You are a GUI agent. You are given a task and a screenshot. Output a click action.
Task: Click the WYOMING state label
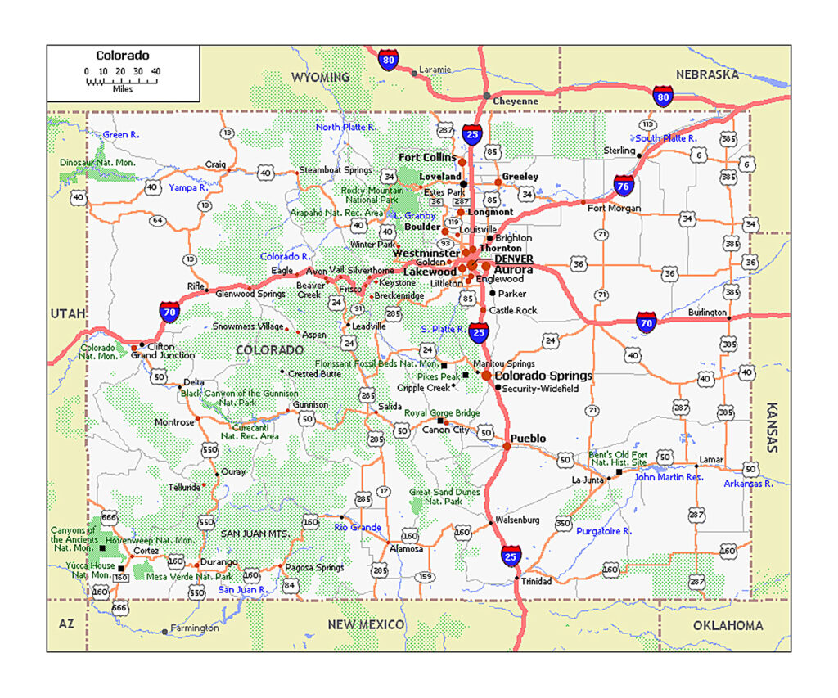320,77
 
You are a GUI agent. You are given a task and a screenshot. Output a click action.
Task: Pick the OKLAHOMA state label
727,625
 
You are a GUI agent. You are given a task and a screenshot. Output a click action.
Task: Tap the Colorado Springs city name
543,376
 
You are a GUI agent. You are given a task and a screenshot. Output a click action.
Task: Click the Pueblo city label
529,439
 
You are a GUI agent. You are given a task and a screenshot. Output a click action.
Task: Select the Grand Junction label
163,355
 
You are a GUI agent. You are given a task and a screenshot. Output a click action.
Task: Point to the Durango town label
219,562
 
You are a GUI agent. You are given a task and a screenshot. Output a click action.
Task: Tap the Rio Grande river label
358,527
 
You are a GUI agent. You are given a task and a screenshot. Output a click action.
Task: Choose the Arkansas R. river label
748,484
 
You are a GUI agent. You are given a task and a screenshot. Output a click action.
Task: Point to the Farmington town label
195,628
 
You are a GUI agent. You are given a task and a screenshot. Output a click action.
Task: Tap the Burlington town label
707,313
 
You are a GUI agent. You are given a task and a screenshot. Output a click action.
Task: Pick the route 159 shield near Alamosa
425,577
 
